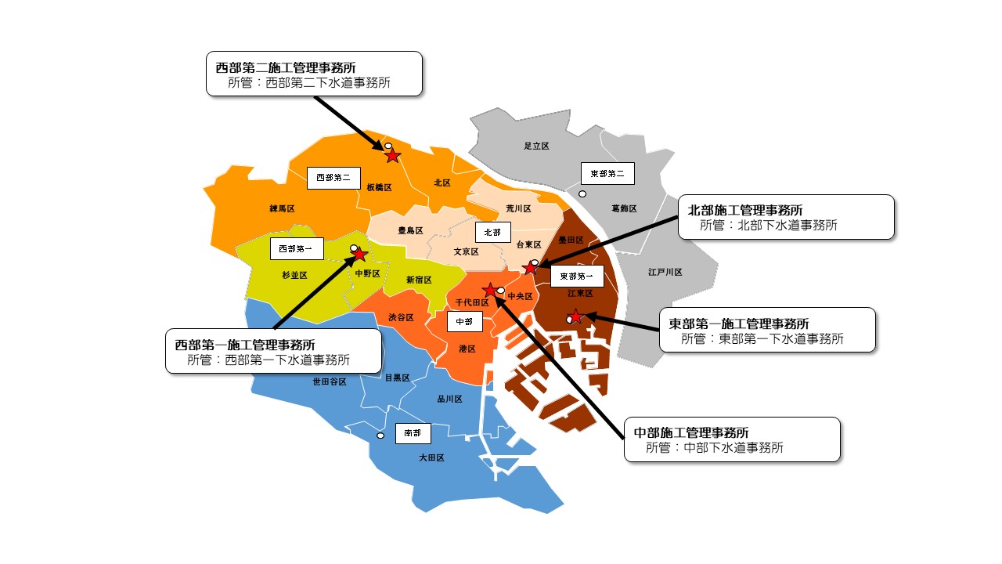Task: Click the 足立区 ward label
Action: (x=536, y=146)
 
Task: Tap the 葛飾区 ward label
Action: (x=624, y=209)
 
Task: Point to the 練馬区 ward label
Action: (x=281, y=209)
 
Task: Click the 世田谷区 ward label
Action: (x=330, y=382)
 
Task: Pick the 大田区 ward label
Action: (x=431, y=457)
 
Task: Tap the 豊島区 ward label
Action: (x=410, y=231)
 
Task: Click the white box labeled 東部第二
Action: (x=607, y=173)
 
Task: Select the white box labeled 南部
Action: (x=413, y=433)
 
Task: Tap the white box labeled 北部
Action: (x=492, y=233)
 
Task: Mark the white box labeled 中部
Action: (x=464, y=321)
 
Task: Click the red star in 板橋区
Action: (x=393, y=156)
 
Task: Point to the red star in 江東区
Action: (x=575, y=317)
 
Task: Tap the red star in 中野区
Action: (x=360, y=255)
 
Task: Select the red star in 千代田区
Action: (x=490, y=291)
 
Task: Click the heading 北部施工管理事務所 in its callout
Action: (x=744, y=210)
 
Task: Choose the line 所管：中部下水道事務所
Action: (x=715, y=448)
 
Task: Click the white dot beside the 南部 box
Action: (x=380, y=436)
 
